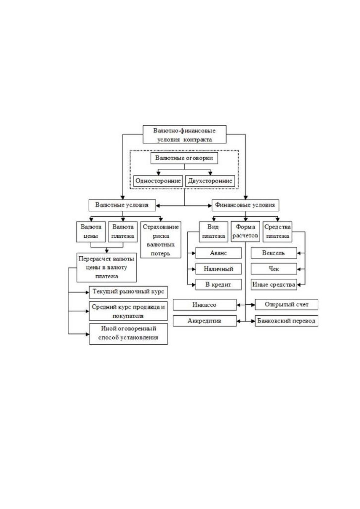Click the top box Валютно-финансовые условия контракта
[184, 134]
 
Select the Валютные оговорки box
[184, 158]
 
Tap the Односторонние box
[158, 181]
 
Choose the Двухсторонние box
[210, 181]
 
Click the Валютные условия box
[122, 205]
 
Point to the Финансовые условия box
[245, 205]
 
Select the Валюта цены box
[91, 232]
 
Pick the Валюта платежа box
[123, 232]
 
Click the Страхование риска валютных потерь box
[161, 240]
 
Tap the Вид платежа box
[213, 232]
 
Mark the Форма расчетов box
[245, 232]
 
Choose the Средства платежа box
[277, 232]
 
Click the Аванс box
[219, 253]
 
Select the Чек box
[274, 269]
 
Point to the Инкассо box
[205, 305]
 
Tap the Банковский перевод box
[286, 321]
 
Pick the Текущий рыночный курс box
[128, 292]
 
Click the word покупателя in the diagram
[128, 316]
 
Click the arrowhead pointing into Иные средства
[299, 285]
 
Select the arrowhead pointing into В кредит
[194, 285]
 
